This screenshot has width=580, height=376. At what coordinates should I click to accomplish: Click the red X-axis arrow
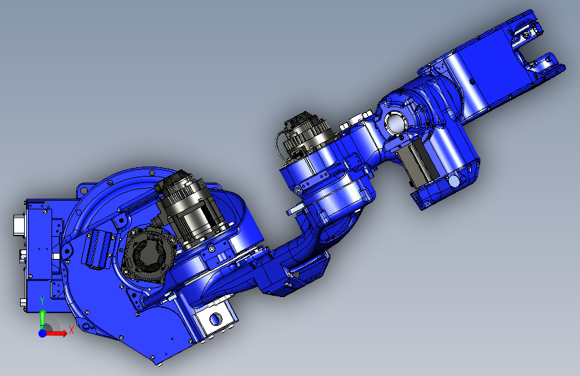tap(56, 333)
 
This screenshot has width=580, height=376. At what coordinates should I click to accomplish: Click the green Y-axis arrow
tap(42, 318)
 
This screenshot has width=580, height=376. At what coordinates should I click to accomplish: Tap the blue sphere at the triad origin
tap(42, 333)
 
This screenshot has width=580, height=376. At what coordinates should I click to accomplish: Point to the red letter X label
tap(72, 330)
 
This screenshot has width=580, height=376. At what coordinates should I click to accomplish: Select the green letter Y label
tap(42, 301)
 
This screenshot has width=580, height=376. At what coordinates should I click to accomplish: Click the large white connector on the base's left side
tap(19, 225)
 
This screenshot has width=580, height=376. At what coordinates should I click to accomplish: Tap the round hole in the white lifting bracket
tap(215, 318)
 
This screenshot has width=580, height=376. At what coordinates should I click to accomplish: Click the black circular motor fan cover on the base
tap(148, 256)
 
